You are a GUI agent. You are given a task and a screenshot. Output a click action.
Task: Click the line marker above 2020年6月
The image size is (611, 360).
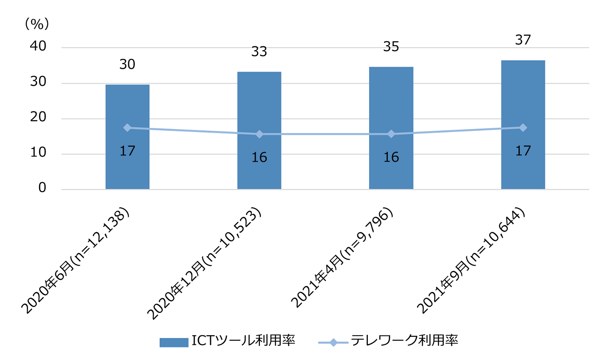point(127,128)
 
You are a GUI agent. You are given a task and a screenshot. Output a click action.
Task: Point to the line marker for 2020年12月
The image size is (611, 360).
point(259,134)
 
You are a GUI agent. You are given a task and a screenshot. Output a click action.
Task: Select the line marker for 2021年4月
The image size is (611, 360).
point(391,134)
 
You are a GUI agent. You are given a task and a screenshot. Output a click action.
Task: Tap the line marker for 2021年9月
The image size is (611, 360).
point(523,128)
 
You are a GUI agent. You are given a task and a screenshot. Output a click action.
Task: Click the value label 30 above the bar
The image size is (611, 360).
point(127,64)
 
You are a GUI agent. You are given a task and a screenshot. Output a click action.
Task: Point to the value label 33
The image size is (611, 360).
point(259,52)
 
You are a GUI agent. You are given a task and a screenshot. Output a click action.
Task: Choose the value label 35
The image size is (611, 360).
point(391,47)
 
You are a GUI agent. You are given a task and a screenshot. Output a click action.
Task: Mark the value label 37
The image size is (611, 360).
point(523,40)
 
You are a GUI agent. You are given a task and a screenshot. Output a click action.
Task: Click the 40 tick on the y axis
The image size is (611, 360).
point(38,46)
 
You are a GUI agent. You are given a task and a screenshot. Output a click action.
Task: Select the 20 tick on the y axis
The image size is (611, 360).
point(38,117)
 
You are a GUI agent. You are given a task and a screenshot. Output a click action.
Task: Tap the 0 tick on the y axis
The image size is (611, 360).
point(42,188)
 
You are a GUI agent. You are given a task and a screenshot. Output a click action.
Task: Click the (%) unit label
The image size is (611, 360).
point(37,24)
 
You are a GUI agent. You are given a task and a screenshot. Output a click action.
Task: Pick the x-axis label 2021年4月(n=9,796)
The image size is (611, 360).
point(342,259)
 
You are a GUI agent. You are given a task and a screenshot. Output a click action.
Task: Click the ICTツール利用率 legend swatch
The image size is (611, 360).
point(174,342)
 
